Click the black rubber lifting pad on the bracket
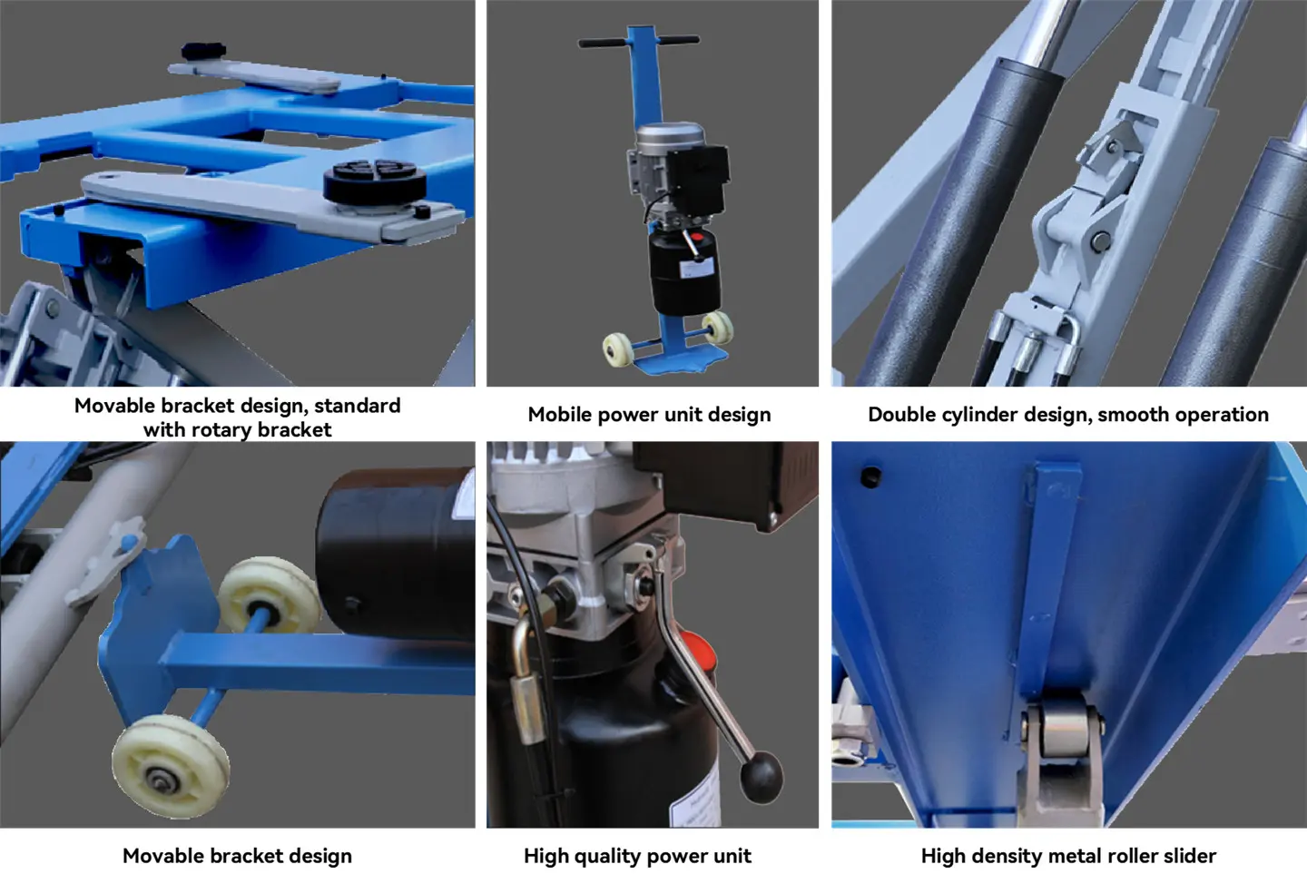coord(375,182)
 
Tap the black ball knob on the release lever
coord(761,777)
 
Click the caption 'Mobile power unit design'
coord(649,414)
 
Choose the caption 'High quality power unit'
coord(637,856)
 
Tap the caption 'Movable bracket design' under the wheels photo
coord(237,856)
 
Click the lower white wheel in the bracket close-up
coord(170,767)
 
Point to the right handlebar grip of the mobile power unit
coord(679,40)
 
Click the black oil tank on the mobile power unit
coord(683,272)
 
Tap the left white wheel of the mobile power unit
coord(618,350)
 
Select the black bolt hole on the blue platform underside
coord(870,476)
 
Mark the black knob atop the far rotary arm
coord(203,52)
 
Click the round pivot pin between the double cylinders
coord(1100,241)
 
